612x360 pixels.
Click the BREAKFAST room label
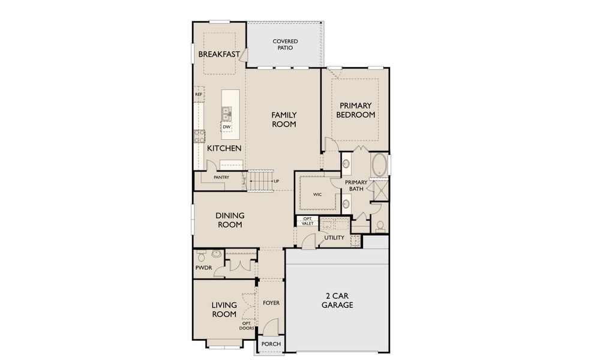219,54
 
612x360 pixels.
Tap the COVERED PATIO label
285,44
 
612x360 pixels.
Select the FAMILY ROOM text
284,119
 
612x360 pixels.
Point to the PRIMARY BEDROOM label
355,110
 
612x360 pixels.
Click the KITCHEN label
224,148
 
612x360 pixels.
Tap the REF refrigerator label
198,95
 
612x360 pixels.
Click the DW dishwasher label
227,127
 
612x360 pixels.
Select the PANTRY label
221,178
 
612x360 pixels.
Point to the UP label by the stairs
276,181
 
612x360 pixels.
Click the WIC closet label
317,195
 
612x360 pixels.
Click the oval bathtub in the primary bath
379,165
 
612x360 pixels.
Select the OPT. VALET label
307,221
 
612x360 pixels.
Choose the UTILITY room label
334,238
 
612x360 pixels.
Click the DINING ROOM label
229,220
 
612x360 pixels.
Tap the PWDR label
202,268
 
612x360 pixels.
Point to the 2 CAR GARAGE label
339,301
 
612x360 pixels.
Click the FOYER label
271,303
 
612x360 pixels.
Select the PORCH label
271,344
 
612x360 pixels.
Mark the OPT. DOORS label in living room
246,326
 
